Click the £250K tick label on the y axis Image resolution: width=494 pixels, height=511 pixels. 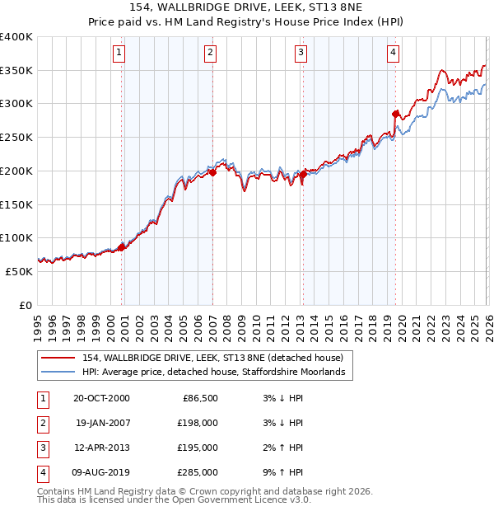point(16,137)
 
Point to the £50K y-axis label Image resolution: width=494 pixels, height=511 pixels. point(19,271)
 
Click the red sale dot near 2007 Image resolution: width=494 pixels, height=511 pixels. point(212,172)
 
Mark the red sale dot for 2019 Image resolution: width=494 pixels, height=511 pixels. point(396,114)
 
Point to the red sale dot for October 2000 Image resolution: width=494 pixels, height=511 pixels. point(122,246)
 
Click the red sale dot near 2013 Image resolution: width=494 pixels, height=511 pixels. point(303,174)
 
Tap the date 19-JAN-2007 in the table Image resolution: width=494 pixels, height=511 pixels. point(103,423)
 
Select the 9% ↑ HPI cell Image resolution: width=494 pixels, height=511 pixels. point(286,472)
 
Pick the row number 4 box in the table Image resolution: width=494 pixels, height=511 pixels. point(42,472)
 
